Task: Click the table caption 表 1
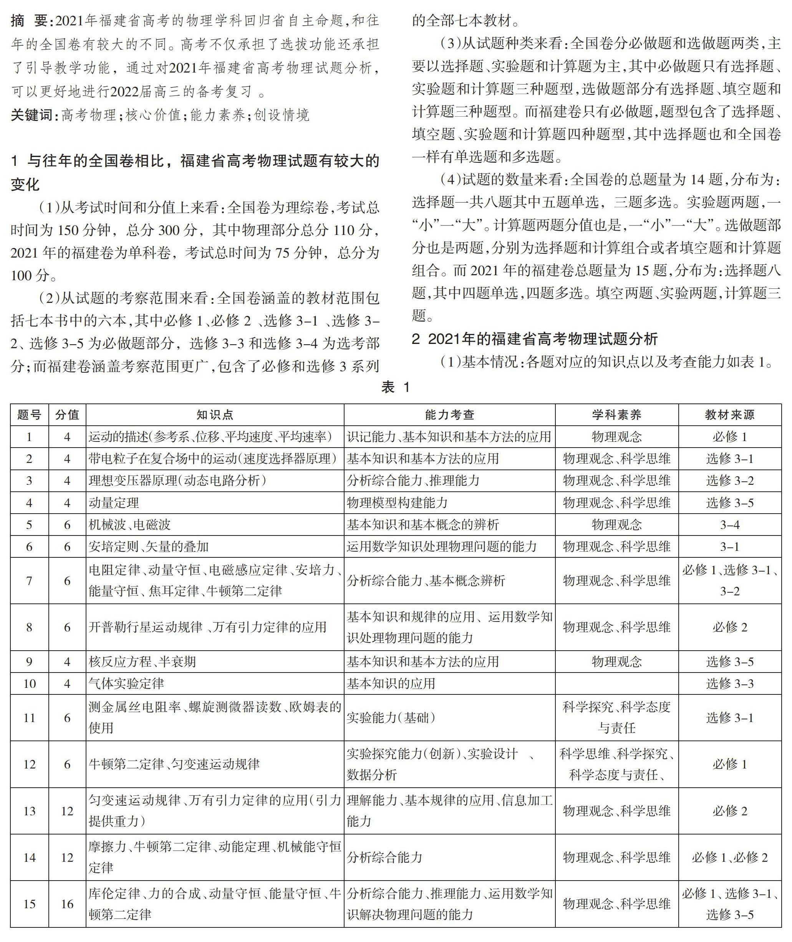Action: coord(396,387)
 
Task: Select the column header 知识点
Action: coord(215,415)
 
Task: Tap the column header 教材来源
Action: coord(730,415)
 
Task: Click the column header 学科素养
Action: coord(616,415)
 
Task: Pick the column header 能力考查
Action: coord(449,415)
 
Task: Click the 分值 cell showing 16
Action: coord(67,904)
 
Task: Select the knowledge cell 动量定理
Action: coord(114,502)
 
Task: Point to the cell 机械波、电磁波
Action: coord(130,525)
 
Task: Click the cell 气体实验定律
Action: coord(127,684)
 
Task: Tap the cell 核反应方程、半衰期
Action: coord(142,661)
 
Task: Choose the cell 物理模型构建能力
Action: coord(398,502)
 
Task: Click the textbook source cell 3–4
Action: coord(730,525)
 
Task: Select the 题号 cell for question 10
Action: coord(29,684)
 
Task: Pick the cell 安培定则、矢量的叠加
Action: coord(149,547)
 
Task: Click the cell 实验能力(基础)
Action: coord(391,717)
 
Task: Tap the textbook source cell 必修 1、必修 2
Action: coord(730,857)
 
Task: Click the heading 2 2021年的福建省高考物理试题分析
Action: coord(534,339)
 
